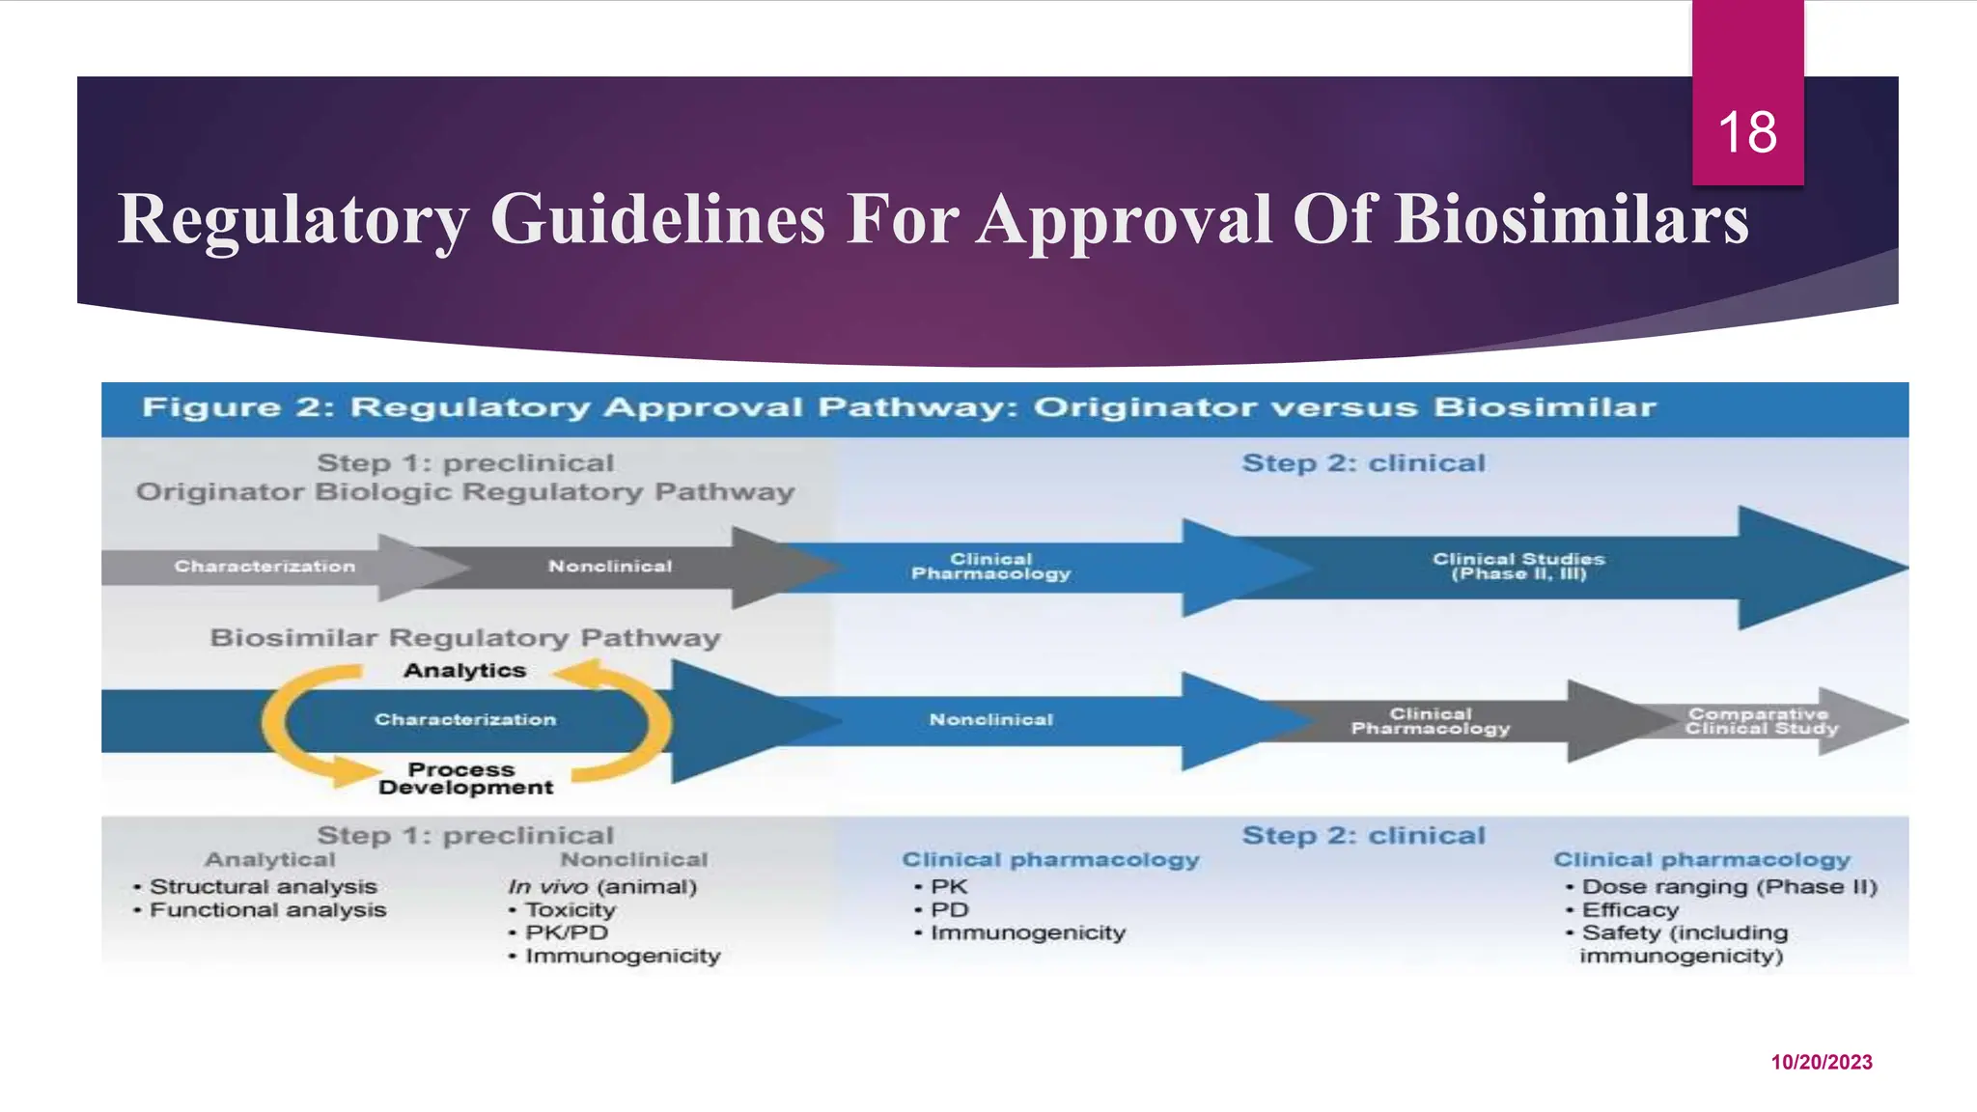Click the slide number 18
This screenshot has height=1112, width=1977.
(x=1747, y=132)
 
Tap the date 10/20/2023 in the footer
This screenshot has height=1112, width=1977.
(x=1821, y=1062)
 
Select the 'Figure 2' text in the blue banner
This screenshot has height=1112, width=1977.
(x=237, y=407)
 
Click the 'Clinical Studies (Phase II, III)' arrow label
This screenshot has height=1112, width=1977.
(x=1518, y=567)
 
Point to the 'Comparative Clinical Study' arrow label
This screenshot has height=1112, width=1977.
(x=1761, y=721)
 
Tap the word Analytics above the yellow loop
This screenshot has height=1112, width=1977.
(x=464, y=671)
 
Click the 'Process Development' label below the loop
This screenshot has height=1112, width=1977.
(x=464, y=778)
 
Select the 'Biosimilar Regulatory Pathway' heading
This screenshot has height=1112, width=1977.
(x=464, y=638)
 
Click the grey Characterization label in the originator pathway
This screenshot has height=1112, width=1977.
(x=265, y=567)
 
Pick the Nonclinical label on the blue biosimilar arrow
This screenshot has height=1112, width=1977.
(x=990, y=720)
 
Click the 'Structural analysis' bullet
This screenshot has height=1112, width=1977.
(x=263, y=886)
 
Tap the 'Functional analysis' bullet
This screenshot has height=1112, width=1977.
(x=267, y=909)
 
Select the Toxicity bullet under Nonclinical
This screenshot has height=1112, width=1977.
(x=570, y=909)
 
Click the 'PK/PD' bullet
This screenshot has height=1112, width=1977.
(x=566, y=932)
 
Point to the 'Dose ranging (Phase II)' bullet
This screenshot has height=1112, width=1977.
(x=1728, y=886)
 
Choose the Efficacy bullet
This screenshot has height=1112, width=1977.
(x=1629, y=909)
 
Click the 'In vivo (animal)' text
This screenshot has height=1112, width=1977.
(x=602, y=886)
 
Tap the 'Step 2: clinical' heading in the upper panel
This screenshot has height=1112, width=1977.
(x=1363, y=463)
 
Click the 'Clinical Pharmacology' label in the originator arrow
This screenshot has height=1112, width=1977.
(x=990, y=567)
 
